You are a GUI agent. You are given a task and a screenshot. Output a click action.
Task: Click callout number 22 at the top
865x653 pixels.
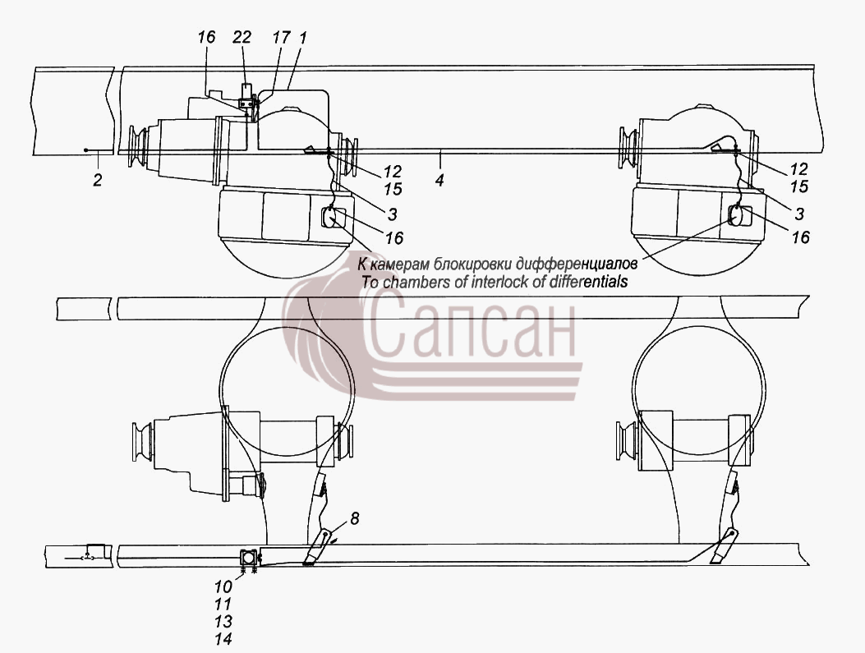tap(242, 37)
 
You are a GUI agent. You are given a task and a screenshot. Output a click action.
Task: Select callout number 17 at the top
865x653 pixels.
tap(281, 37)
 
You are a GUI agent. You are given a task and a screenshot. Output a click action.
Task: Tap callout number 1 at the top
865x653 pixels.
tap(302, 37)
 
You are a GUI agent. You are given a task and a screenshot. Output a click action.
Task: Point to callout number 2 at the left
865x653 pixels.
tap(98, 180)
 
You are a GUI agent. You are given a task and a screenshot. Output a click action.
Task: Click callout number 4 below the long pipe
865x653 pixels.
tap(439, 180)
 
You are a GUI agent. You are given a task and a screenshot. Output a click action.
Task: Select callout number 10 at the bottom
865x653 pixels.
tap(223, 586)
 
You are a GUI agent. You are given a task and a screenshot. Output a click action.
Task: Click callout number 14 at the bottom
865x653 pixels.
tap(223, 639)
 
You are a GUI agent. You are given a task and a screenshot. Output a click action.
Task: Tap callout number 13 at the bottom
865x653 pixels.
tap(223, 622)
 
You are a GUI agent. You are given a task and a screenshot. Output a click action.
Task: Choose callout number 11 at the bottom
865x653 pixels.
tap(223, 604)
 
